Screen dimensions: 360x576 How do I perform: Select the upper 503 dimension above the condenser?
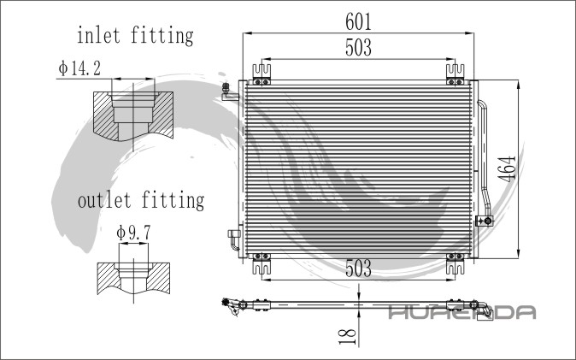pos(357,49)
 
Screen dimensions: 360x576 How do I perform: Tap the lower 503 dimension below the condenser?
pos(357,268)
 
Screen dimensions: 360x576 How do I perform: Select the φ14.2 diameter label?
pos(79,68)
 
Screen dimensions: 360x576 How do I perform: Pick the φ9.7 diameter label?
pos(132,233)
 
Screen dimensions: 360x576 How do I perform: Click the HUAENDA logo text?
pos(461,313)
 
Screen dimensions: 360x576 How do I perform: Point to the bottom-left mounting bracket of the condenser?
pos(261,263)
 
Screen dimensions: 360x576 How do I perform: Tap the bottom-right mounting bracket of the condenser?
pos(453,263)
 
